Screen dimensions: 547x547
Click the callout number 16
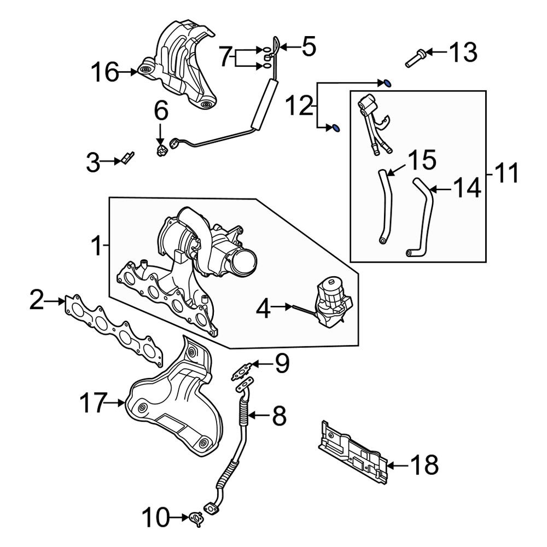pos(104,72)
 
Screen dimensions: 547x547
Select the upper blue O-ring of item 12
pos(387,83)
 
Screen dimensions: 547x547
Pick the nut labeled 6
pos(161,150)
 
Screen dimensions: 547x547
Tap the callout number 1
pos(96,247)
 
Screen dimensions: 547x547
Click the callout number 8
pos(278,416)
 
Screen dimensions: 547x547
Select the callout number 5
pos(309,48)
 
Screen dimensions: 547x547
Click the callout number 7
pos(226,57)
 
